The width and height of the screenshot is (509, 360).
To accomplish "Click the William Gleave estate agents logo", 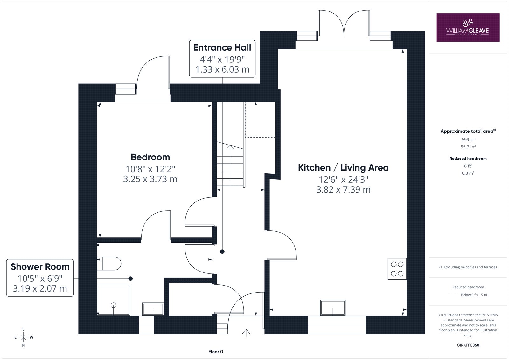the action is pos(468,27).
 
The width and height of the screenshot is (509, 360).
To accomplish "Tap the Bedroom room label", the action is pos(150,157).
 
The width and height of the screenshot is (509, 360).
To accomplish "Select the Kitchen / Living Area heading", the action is pos(343,168).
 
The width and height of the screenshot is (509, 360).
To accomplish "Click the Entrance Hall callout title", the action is pos(222,47).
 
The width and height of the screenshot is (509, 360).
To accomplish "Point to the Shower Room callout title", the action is pos(40,267).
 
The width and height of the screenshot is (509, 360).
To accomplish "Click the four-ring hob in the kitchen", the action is pos(397,269).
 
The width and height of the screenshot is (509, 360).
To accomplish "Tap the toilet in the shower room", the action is pos(109,263).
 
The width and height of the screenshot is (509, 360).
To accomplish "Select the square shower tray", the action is pos(114,300).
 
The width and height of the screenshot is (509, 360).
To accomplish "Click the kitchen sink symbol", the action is pos(333,308).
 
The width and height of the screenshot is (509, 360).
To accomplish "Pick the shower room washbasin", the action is pos(153,309).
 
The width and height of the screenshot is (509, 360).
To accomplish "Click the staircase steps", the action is pos(230,164).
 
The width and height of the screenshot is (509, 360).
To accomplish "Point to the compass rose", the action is pos(24,337).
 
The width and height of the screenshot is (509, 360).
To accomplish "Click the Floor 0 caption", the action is pos(216,352).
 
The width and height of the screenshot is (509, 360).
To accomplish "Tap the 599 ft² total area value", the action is pos(468,139).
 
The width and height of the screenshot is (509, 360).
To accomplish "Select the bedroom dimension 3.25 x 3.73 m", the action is pos(150,179).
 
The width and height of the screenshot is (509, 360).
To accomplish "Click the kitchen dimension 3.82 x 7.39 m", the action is pos(343,190).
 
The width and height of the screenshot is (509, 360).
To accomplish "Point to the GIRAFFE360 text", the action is pos(468,345).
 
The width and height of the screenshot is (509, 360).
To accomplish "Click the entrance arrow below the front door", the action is pos(246,333).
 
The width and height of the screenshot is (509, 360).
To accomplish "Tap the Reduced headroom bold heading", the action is pos(468,159).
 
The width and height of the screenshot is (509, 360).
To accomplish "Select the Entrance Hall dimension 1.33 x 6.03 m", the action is pos(222,69).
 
